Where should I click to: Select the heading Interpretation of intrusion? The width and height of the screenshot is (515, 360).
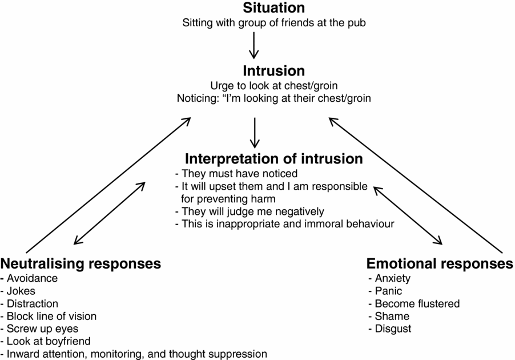(274, 158)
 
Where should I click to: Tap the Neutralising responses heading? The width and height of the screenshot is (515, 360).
(81, 263)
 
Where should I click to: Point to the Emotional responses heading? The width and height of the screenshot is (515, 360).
(440, 263)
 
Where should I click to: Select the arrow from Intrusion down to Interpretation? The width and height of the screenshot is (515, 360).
(255, 133)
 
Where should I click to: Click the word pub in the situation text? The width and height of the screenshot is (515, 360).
(356, 23)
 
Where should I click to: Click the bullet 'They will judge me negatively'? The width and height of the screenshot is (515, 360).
(250, 211)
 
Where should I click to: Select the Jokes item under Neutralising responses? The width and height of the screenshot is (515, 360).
(22, 291)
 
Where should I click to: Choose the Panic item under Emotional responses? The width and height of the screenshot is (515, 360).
(388, 291)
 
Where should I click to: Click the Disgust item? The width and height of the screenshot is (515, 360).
(393, 329)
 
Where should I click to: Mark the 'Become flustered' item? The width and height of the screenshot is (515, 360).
(417, 303)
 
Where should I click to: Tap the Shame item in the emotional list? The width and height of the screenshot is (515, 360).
(392, 316)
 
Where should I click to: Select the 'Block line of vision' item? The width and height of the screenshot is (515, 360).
(51, 316)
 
